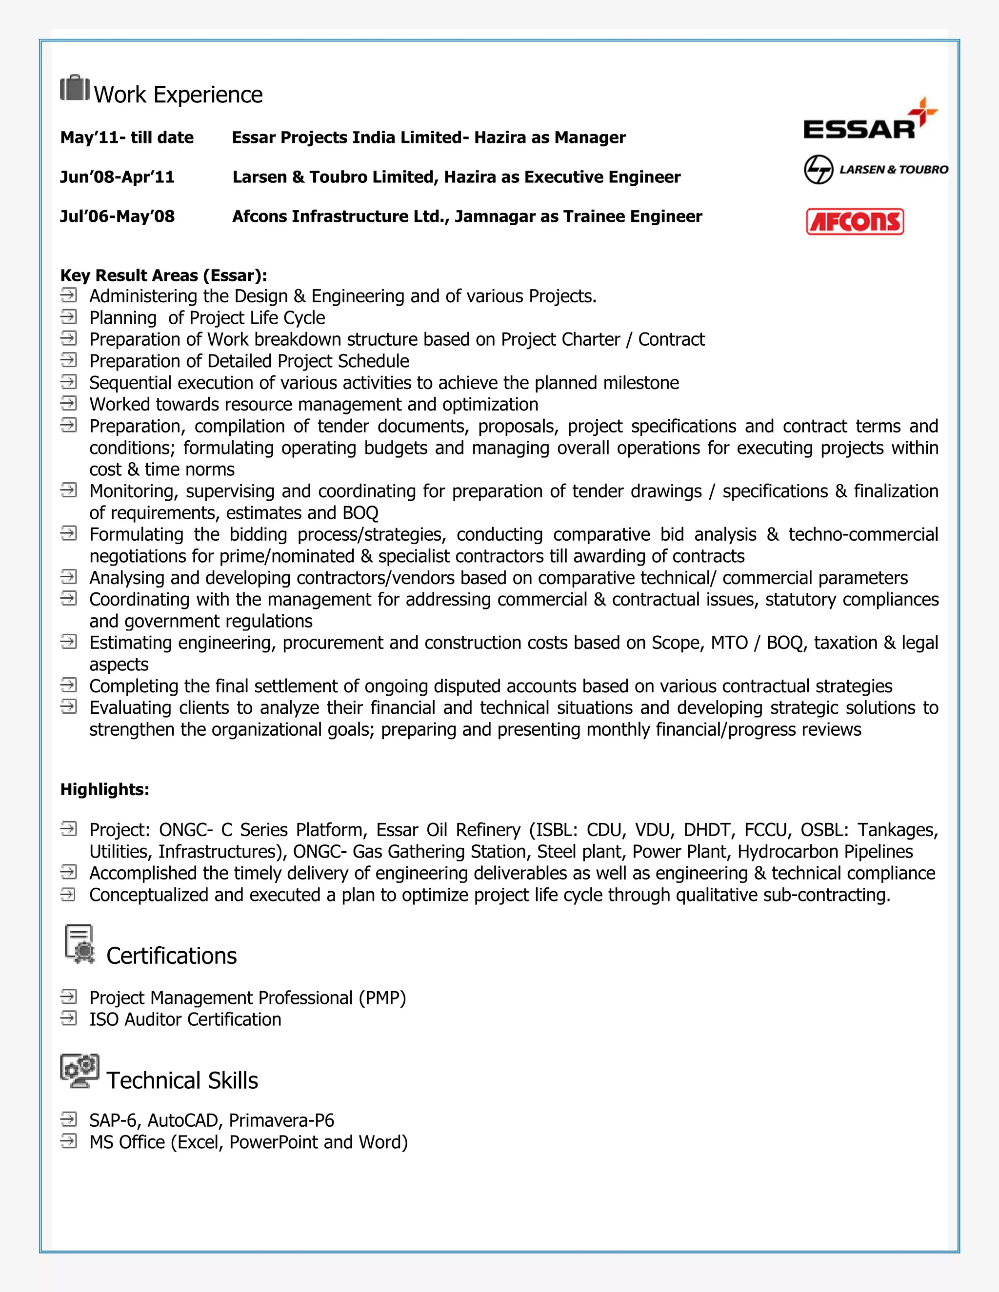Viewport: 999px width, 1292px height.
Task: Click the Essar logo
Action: (869, 122)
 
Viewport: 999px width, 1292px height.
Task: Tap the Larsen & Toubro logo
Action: (875, 170)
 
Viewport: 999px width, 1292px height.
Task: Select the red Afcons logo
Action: (855, 222)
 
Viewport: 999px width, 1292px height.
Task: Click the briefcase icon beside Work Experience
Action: (75, 89)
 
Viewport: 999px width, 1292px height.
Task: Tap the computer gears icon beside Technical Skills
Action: (80, 1070)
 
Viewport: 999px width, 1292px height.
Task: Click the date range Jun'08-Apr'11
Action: (117, 177)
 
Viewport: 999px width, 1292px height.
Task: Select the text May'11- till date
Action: (127, 137)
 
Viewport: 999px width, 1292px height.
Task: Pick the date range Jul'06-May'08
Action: (117, 216)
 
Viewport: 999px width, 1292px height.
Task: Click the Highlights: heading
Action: (105, 789)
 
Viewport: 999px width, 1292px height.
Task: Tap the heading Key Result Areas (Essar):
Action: (163, 275)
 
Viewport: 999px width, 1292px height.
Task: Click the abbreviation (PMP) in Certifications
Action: (382, 998)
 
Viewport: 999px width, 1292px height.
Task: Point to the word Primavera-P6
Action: (282, 1120)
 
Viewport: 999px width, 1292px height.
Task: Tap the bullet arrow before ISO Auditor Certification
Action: (69, 1018)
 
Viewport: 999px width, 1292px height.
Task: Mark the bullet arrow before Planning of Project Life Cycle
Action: (69, 316)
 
